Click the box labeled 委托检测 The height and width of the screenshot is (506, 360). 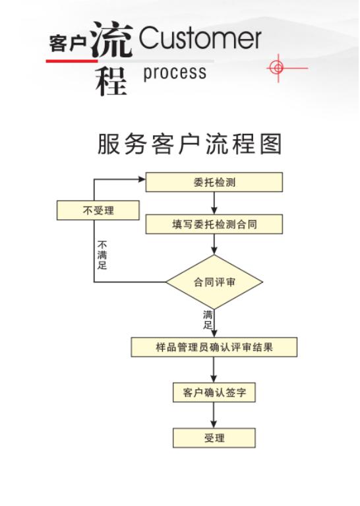coord(214,182)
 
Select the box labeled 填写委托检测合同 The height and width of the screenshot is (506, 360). coord(214,224)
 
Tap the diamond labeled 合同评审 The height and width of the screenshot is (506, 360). coord(214,282)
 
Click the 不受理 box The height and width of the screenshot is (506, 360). coord(98,210)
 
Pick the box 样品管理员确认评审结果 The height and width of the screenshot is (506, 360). coord(214,347)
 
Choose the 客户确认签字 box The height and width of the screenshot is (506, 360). coord(214,393)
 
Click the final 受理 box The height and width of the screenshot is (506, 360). coord(214,438)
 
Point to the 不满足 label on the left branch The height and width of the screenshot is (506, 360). coord(102,255)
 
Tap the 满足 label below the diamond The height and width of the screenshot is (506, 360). coord(208,319)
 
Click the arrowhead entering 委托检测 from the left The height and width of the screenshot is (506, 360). coord(142,179)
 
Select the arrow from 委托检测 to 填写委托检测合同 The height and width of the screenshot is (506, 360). coord(214,203)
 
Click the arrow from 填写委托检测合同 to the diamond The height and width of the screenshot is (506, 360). coord(214,244)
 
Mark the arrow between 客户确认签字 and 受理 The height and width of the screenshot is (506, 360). coord(214,416)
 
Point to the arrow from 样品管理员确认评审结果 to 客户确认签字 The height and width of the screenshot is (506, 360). coord(214,370)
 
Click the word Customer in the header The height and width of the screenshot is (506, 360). coord(200,38)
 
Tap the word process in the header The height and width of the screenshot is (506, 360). coord(175,73)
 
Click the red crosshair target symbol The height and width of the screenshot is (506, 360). coord(278,68)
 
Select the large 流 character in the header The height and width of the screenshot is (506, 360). coord(111,40)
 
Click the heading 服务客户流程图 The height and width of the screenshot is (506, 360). coord(190,144)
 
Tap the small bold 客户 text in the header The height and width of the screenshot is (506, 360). coord(68,44)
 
